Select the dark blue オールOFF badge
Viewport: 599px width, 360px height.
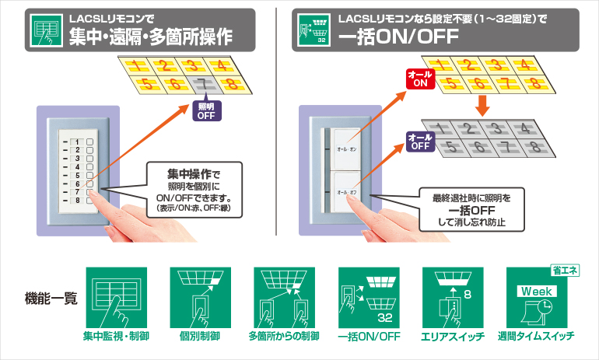[420, 141]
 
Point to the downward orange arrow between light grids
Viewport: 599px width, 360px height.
[482, 103]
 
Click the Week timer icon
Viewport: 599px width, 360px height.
[536, 298]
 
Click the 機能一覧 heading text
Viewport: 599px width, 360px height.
[51, 297]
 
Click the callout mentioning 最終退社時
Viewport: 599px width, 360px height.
[471, 209]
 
